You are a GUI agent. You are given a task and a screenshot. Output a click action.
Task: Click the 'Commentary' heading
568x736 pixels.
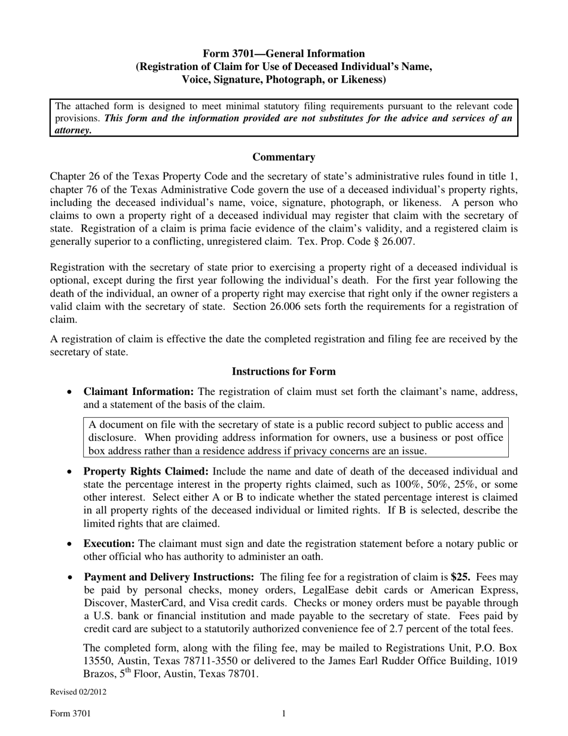pyautogui.click(x=283, y=157)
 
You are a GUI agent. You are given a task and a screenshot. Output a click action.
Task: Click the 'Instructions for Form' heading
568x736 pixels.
pyautogui.click(x=283, y=372)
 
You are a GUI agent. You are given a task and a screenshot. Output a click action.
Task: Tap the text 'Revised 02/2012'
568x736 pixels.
pyautogui.click(x=78, y=692)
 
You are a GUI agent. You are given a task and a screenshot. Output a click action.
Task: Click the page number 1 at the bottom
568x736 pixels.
pyautogui.click(x=283, y=714)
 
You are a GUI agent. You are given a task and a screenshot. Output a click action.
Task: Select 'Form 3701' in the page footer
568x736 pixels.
pyautogui.click(x=71, y=714)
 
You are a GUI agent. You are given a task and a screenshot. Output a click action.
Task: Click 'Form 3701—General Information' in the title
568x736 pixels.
pyautogui.click(x=283, y=53)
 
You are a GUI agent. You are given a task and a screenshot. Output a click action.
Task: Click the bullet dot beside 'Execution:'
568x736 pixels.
pyautogui.click(x=70, y=545)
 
